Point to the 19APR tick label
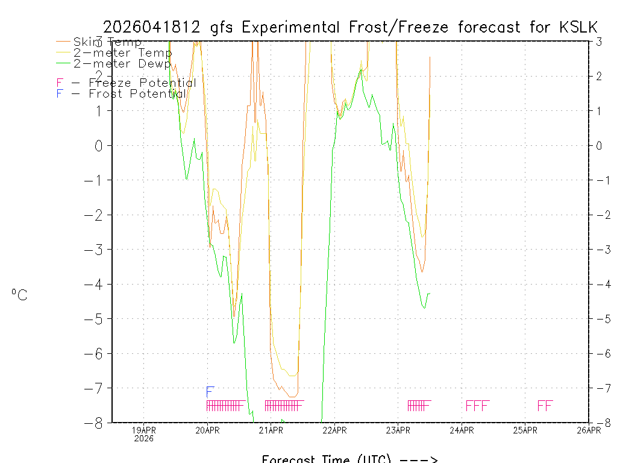pos(144,430)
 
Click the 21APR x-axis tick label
pos(271,430)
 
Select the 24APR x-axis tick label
pos(462,430)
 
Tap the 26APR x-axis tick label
pos(588,430)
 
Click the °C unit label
pos(19,295)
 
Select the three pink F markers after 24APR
pos(477,406)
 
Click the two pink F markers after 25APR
pos(545,406)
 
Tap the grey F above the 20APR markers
pos(210,391)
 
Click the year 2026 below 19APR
pos(144,438)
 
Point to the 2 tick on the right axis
pos(599,76)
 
